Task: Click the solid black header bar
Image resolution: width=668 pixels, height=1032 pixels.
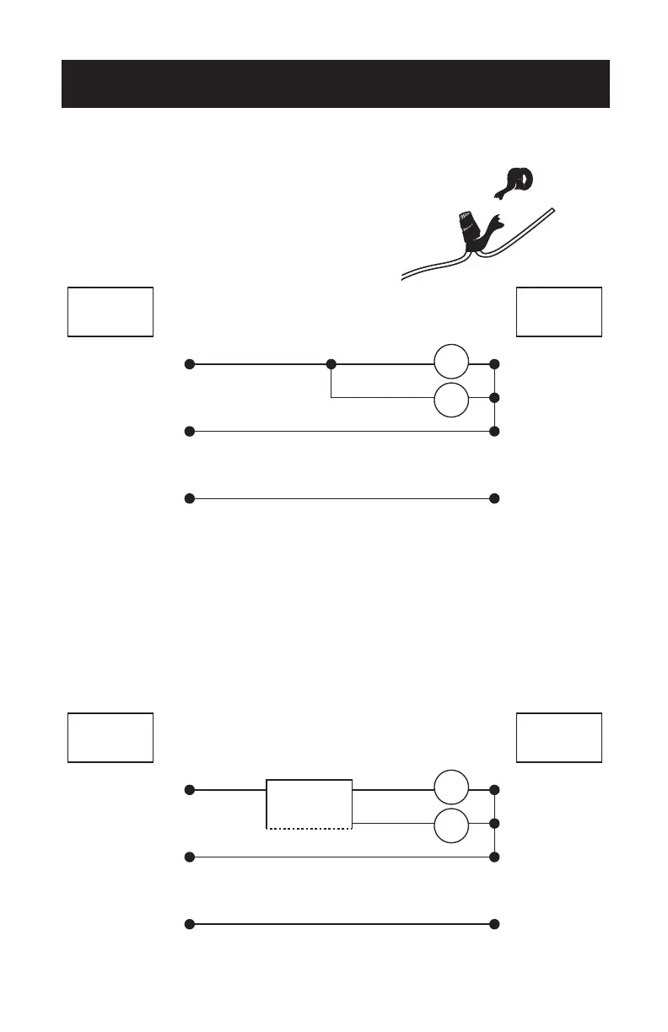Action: coord(335,83)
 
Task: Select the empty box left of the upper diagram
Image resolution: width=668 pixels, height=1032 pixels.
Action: coord(110,312)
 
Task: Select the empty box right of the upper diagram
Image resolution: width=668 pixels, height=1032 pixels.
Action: coord(559,312)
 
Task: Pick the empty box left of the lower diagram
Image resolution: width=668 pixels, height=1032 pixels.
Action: coord(110,738)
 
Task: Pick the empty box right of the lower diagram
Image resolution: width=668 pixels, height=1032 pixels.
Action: coord(559,738)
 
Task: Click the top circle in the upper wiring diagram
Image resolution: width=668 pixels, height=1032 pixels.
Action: coord(451,364)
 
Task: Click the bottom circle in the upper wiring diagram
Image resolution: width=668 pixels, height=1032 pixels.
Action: coord(451,398)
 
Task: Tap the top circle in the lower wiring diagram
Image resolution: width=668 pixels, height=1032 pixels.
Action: coord(451,790)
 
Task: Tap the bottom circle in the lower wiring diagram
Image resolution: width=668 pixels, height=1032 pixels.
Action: coord(451,824)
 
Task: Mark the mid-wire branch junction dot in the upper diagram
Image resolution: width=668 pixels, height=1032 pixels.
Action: coord(331,364)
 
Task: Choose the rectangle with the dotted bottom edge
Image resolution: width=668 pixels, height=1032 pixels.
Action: coord(310,805)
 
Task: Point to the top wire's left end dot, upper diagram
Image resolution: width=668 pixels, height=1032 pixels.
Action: coord(190,364)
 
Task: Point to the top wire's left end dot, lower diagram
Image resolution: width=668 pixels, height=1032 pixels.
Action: coord(190,790)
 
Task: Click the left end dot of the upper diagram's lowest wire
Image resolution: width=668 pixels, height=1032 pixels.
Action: coord(190,498)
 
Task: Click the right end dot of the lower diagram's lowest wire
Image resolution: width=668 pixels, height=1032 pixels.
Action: coord(494,924)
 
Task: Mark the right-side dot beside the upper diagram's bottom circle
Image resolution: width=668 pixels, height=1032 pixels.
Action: coord(494,397)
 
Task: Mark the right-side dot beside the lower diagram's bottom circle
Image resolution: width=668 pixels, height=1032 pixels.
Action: coord(494,823)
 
